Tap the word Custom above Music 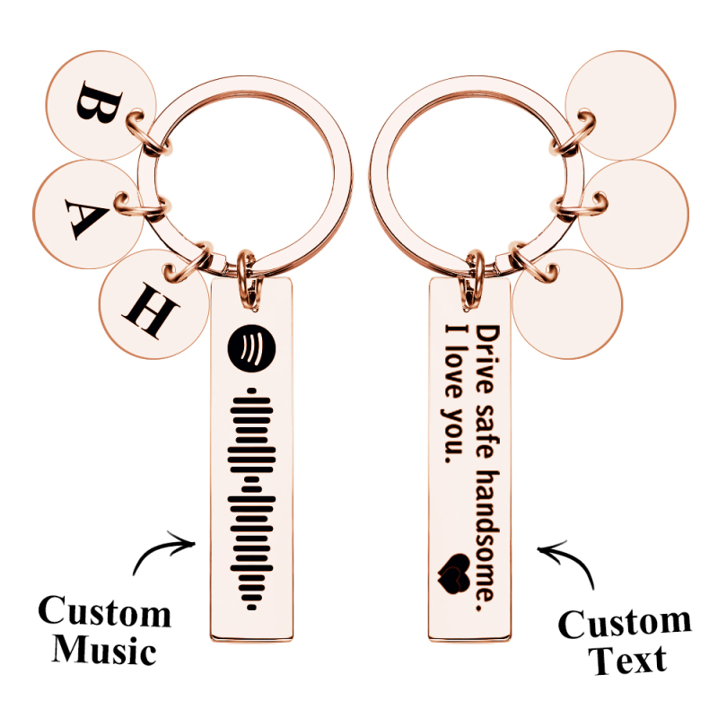click(x=104, y=613)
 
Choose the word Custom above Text click(x=625, y=623)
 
